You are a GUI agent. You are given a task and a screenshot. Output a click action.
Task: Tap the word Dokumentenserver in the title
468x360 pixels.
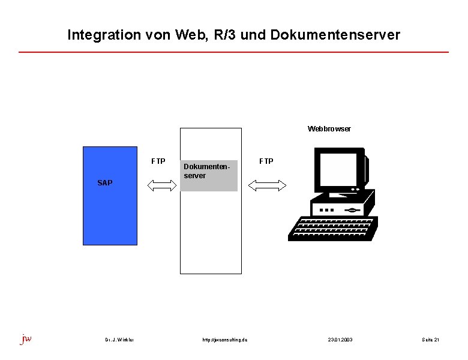(335, 35)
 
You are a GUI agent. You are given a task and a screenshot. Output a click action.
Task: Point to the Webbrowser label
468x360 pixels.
(329, 129)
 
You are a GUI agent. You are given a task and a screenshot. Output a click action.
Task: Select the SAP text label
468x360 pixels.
(104, 183)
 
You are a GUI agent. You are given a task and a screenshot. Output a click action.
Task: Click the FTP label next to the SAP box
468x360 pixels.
(158, 161)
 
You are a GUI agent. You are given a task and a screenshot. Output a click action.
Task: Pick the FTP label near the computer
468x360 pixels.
(266, 161)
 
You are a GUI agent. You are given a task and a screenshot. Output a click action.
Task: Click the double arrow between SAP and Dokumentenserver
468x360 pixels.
(159, 186)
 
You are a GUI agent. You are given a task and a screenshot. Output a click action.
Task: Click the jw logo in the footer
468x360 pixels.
(26, 339)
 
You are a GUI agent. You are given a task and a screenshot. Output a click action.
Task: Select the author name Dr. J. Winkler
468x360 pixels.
(119, 340)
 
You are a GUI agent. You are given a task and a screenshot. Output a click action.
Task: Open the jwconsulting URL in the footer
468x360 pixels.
(225, 340)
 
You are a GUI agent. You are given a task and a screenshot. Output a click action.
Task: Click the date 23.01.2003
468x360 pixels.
(340, 340)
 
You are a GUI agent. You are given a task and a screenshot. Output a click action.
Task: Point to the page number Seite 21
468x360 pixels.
(430, 340)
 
